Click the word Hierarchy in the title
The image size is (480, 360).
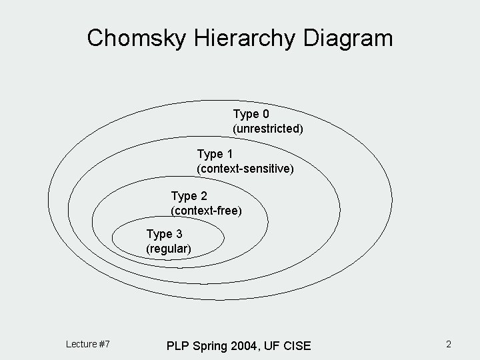246,38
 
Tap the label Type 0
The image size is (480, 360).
251,114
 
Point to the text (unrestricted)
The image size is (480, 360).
268,128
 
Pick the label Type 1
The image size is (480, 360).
215,155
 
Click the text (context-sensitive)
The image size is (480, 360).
245,169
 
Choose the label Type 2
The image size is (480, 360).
189,196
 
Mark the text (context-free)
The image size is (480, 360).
206,211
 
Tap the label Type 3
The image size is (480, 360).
164,234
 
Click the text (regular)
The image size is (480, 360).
169,249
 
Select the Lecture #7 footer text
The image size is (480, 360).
88,344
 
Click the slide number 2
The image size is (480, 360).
449,344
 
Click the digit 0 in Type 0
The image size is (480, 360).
265,114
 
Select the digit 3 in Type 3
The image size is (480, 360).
178,234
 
